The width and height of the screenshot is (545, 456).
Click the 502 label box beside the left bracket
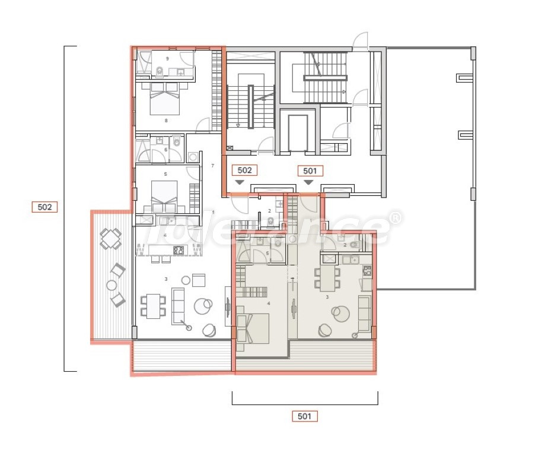coord(44,207)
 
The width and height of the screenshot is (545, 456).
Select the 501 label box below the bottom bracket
coord(304,416)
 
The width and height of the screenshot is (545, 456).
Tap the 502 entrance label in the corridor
coord(244,170)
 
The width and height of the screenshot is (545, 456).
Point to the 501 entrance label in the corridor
coord(310,170)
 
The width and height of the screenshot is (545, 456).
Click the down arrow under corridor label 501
coord(308,182)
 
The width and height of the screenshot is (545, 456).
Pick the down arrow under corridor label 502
coord(240,182)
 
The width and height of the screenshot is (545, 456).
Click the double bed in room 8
coord(164,99)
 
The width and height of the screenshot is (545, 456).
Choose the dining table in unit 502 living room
coord(154,305)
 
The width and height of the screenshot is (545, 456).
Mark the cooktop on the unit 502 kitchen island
coord(179,250)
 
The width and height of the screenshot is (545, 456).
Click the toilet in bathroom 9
coord(159,72)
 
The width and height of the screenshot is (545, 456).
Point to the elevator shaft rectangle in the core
coord(298,132)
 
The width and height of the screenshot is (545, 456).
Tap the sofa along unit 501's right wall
coord(364,313)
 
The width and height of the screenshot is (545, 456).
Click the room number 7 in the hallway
coord(212,166)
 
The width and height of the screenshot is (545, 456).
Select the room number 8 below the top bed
coord(166,121)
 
